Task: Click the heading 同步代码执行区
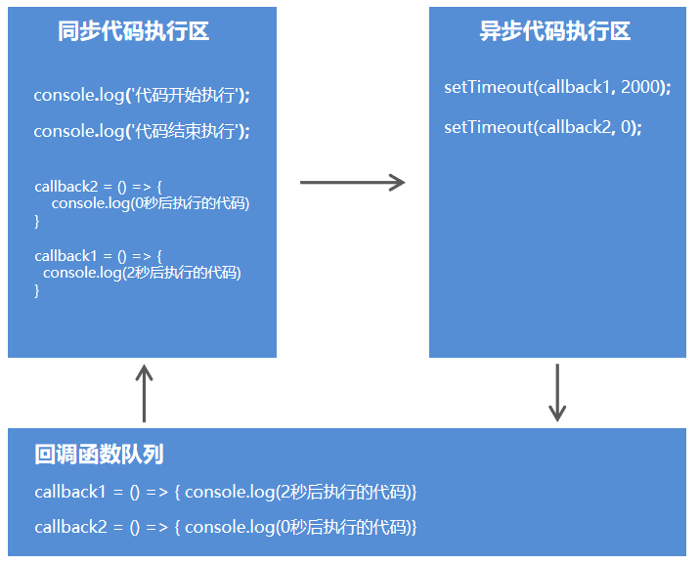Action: (134, 31)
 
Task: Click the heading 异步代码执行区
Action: (555, 31)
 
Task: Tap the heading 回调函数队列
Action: (99, 454)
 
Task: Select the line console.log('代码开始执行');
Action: (142, 95)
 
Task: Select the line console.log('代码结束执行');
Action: (142, 131)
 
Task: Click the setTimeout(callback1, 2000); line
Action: (557, 87)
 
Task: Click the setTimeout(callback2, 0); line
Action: (543, 127)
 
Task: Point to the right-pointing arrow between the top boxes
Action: (352, 182)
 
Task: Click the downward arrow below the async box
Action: (557, 392)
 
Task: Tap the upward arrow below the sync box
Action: (144, 392)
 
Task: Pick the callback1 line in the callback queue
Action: (226, 491)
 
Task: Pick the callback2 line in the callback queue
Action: (226, 527)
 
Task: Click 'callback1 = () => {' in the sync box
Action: (98, 256)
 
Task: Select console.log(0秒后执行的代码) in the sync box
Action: (151, 203)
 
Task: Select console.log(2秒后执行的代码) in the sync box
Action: (142, 273)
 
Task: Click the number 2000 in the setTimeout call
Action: (641, 87)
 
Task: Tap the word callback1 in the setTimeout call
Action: (576, 87)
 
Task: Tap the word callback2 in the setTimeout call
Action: (576, 127)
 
